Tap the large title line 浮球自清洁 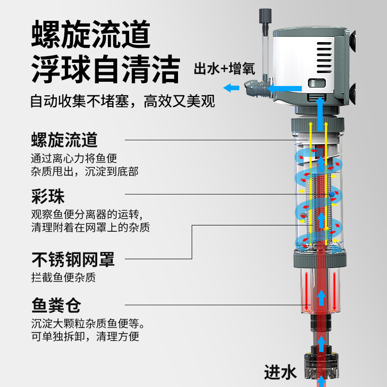click(105, 70)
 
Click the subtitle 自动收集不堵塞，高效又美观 click(122, 102)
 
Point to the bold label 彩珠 click(47, 197)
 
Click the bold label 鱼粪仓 click(56, 306)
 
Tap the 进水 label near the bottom click(280, 373)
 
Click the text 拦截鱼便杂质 click(63, 278)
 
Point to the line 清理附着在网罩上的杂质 click(90, 227)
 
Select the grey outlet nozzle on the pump click(254, 89)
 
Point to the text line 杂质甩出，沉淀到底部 click(87, 171)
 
